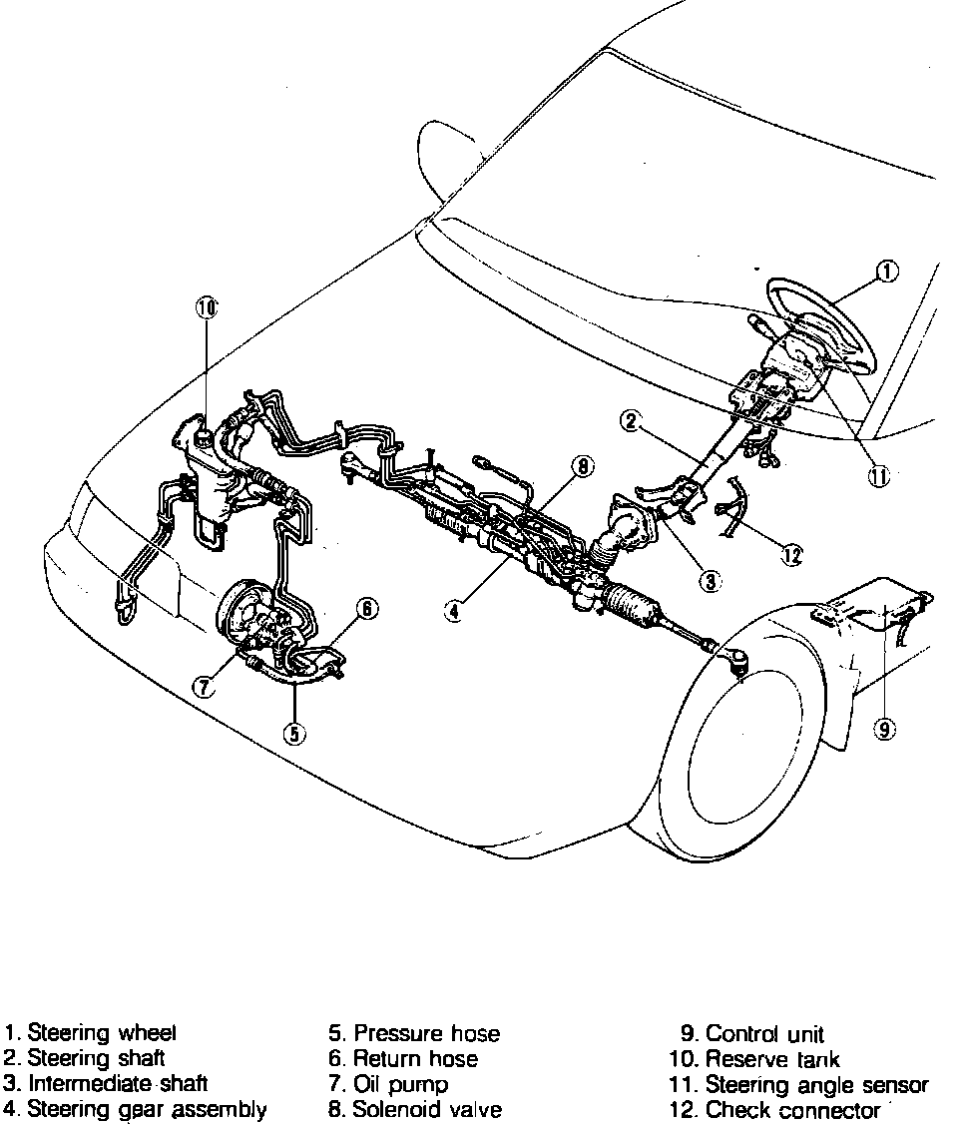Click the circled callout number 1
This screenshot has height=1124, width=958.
click(x=887, y=271)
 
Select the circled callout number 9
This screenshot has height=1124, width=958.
click(x=885, y=730)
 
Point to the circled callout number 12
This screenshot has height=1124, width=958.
click(x=792, y=556)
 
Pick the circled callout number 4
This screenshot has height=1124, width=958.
click(x=453, y=612)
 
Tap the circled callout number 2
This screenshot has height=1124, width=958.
click(x=630, y=421)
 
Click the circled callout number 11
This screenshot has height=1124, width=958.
click(x=878, y=477)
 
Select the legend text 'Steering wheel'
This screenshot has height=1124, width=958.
click(x=102, y=1033)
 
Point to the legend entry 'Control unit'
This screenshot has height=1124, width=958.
click(x=764, y=1034)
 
